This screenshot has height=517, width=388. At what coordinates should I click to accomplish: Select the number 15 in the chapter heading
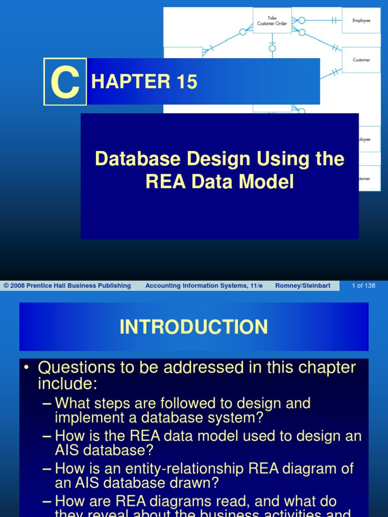tap(186, 82)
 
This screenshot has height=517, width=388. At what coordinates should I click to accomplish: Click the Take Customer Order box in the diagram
tap(272, 21)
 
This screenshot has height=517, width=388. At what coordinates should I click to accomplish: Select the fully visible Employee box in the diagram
tap(361, 21)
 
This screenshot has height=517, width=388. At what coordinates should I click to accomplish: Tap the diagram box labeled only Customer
tap(361, 60)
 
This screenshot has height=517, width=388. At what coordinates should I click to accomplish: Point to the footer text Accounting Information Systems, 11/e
tap(204, 286)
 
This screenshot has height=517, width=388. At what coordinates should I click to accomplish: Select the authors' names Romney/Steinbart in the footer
tap(303, 286)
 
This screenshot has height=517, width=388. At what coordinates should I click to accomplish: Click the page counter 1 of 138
tap(364, 286)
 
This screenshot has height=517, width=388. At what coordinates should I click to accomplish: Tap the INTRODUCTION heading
tap(194, 327)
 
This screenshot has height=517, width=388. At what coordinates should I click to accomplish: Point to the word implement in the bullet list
tap(86, 418)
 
